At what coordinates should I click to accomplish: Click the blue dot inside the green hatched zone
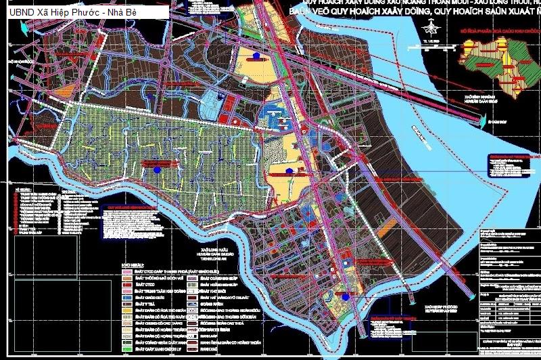coord(158,170)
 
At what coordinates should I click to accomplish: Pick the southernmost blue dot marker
coord(346,295)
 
